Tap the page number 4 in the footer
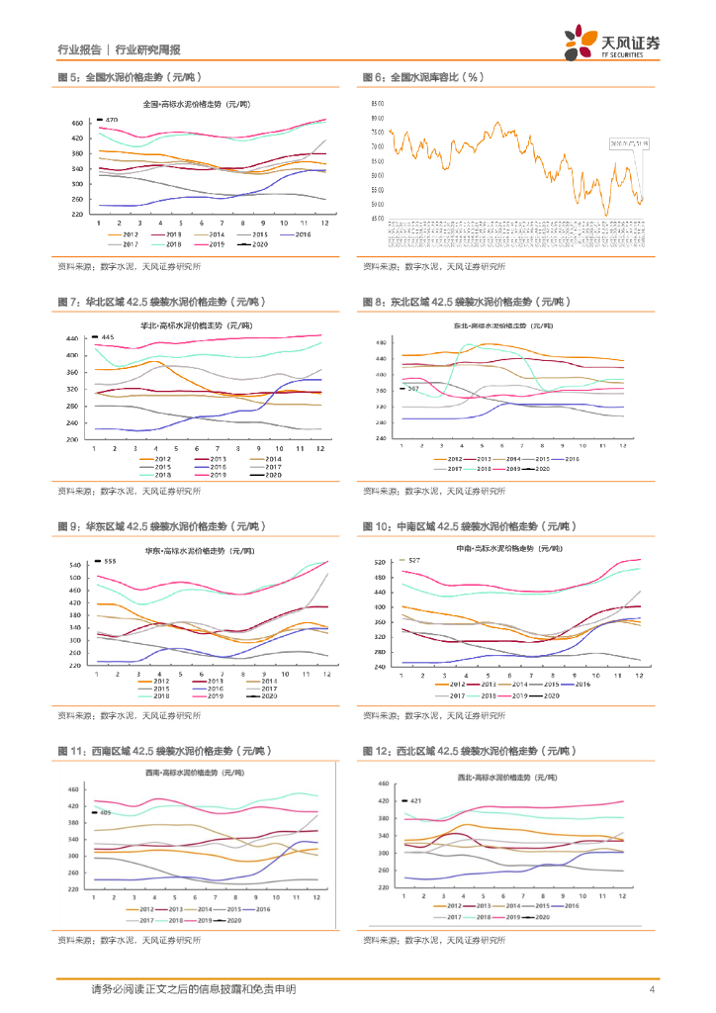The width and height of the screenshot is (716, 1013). (653, 989)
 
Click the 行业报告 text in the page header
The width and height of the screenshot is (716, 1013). (79, 49)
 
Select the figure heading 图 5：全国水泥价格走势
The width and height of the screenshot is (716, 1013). (129, 77)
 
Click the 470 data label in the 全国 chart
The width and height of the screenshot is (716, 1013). (112, 120)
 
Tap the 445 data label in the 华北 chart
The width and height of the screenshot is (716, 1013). (108, 338)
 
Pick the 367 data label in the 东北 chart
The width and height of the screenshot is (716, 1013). (414, 389)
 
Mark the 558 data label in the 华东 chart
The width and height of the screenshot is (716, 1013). (111, 562)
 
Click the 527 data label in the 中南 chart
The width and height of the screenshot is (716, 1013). (414, 561)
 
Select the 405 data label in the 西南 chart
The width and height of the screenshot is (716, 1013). (105, 813)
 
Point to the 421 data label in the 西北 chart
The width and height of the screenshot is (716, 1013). (415, 800)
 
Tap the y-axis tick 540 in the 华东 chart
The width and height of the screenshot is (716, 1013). (74, 565)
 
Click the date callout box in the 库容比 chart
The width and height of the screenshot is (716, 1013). (628, 142)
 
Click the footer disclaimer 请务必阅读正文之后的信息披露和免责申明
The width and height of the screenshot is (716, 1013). (193, 989)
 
